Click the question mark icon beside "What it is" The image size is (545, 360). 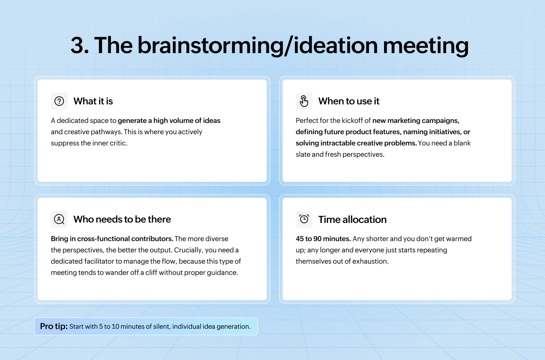[x=59, y=101]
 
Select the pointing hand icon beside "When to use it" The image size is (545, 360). [x=304, y=101]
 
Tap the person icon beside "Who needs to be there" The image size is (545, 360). [x=59, y=219]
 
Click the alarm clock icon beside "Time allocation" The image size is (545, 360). [x=304, y=219]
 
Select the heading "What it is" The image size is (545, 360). [x=93, y=101]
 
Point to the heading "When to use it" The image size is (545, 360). [x=349, y=101]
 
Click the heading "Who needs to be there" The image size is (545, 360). [x=122, y=219]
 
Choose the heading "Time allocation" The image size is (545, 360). [x=352, y=220]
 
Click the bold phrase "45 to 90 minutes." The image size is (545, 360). [x=323, y=239]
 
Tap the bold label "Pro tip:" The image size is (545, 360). [x=54, y=327]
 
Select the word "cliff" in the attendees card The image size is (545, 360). [x=151, y=273]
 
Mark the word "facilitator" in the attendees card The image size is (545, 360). [x=99, y=261]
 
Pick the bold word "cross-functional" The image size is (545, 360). [x=103, y=239]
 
